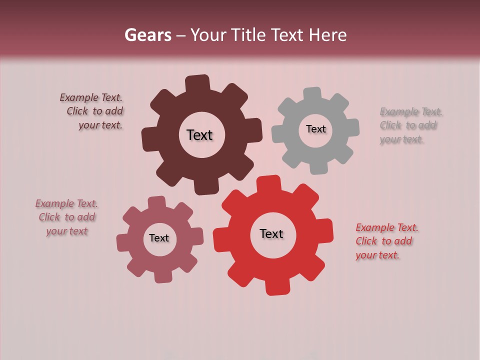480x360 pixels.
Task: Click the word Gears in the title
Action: click(x=147, y=35)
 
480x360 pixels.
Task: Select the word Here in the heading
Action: click(x=327, y=35)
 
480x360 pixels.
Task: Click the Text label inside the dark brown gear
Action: click(x=199, y=135)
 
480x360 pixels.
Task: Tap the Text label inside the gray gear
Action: click(x=315, y=129)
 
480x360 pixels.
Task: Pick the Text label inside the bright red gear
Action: click(x=271, y=233)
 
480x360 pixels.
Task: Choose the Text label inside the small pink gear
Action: click(x=159, y=238)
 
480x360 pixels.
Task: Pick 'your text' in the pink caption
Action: click(x=66, y=231)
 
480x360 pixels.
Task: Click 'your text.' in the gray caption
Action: click(x=401, y=139)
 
